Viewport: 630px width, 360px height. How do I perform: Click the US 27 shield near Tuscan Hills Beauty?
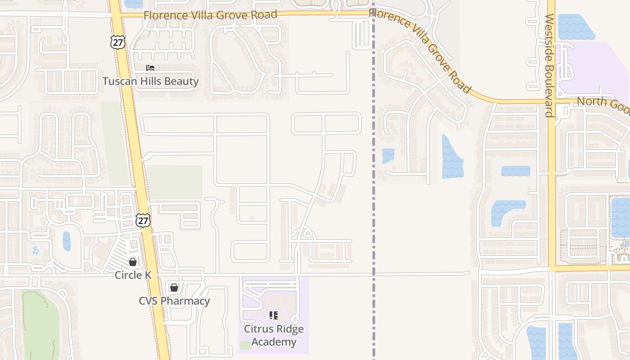tap(117, 42)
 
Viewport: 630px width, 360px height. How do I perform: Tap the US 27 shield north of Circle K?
tap(143, 220)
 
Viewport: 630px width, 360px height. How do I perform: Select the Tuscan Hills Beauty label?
tap(150, 81)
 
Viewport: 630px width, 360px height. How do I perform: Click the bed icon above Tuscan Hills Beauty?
tap(150, 68)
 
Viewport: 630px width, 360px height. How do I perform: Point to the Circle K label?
tap(133, 274)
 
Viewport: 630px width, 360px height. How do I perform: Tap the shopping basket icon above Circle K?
tap(133, 261)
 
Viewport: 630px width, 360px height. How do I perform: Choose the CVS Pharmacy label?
tap(174, 301)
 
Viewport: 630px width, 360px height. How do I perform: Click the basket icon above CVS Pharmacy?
tap(174, 287)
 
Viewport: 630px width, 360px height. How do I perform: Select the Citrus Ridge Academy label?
tap(274, 335)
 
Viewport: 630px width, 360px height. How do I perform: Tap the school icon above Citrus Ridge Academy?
tap(274, 315)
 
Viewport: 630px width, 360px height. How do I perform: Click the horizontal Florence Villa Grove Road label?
tap(210, 15)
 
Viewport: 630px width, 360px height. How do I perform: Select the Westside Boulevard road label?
tap(549, 65)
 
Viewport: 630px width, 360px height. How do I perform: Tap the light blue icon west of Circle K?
tap(36, 250)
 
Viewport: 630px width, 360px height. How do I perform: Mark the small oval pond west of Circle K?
tap(67, 241)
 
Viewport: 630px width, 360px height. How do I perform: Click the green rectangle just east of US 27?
tap(175, 182)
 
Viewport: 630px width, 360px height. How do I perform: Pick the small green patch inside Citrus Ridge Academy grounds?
tap(246, 345)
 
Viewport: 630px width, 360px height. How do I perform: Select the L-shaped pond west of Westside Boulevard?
tap(506, 211)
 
